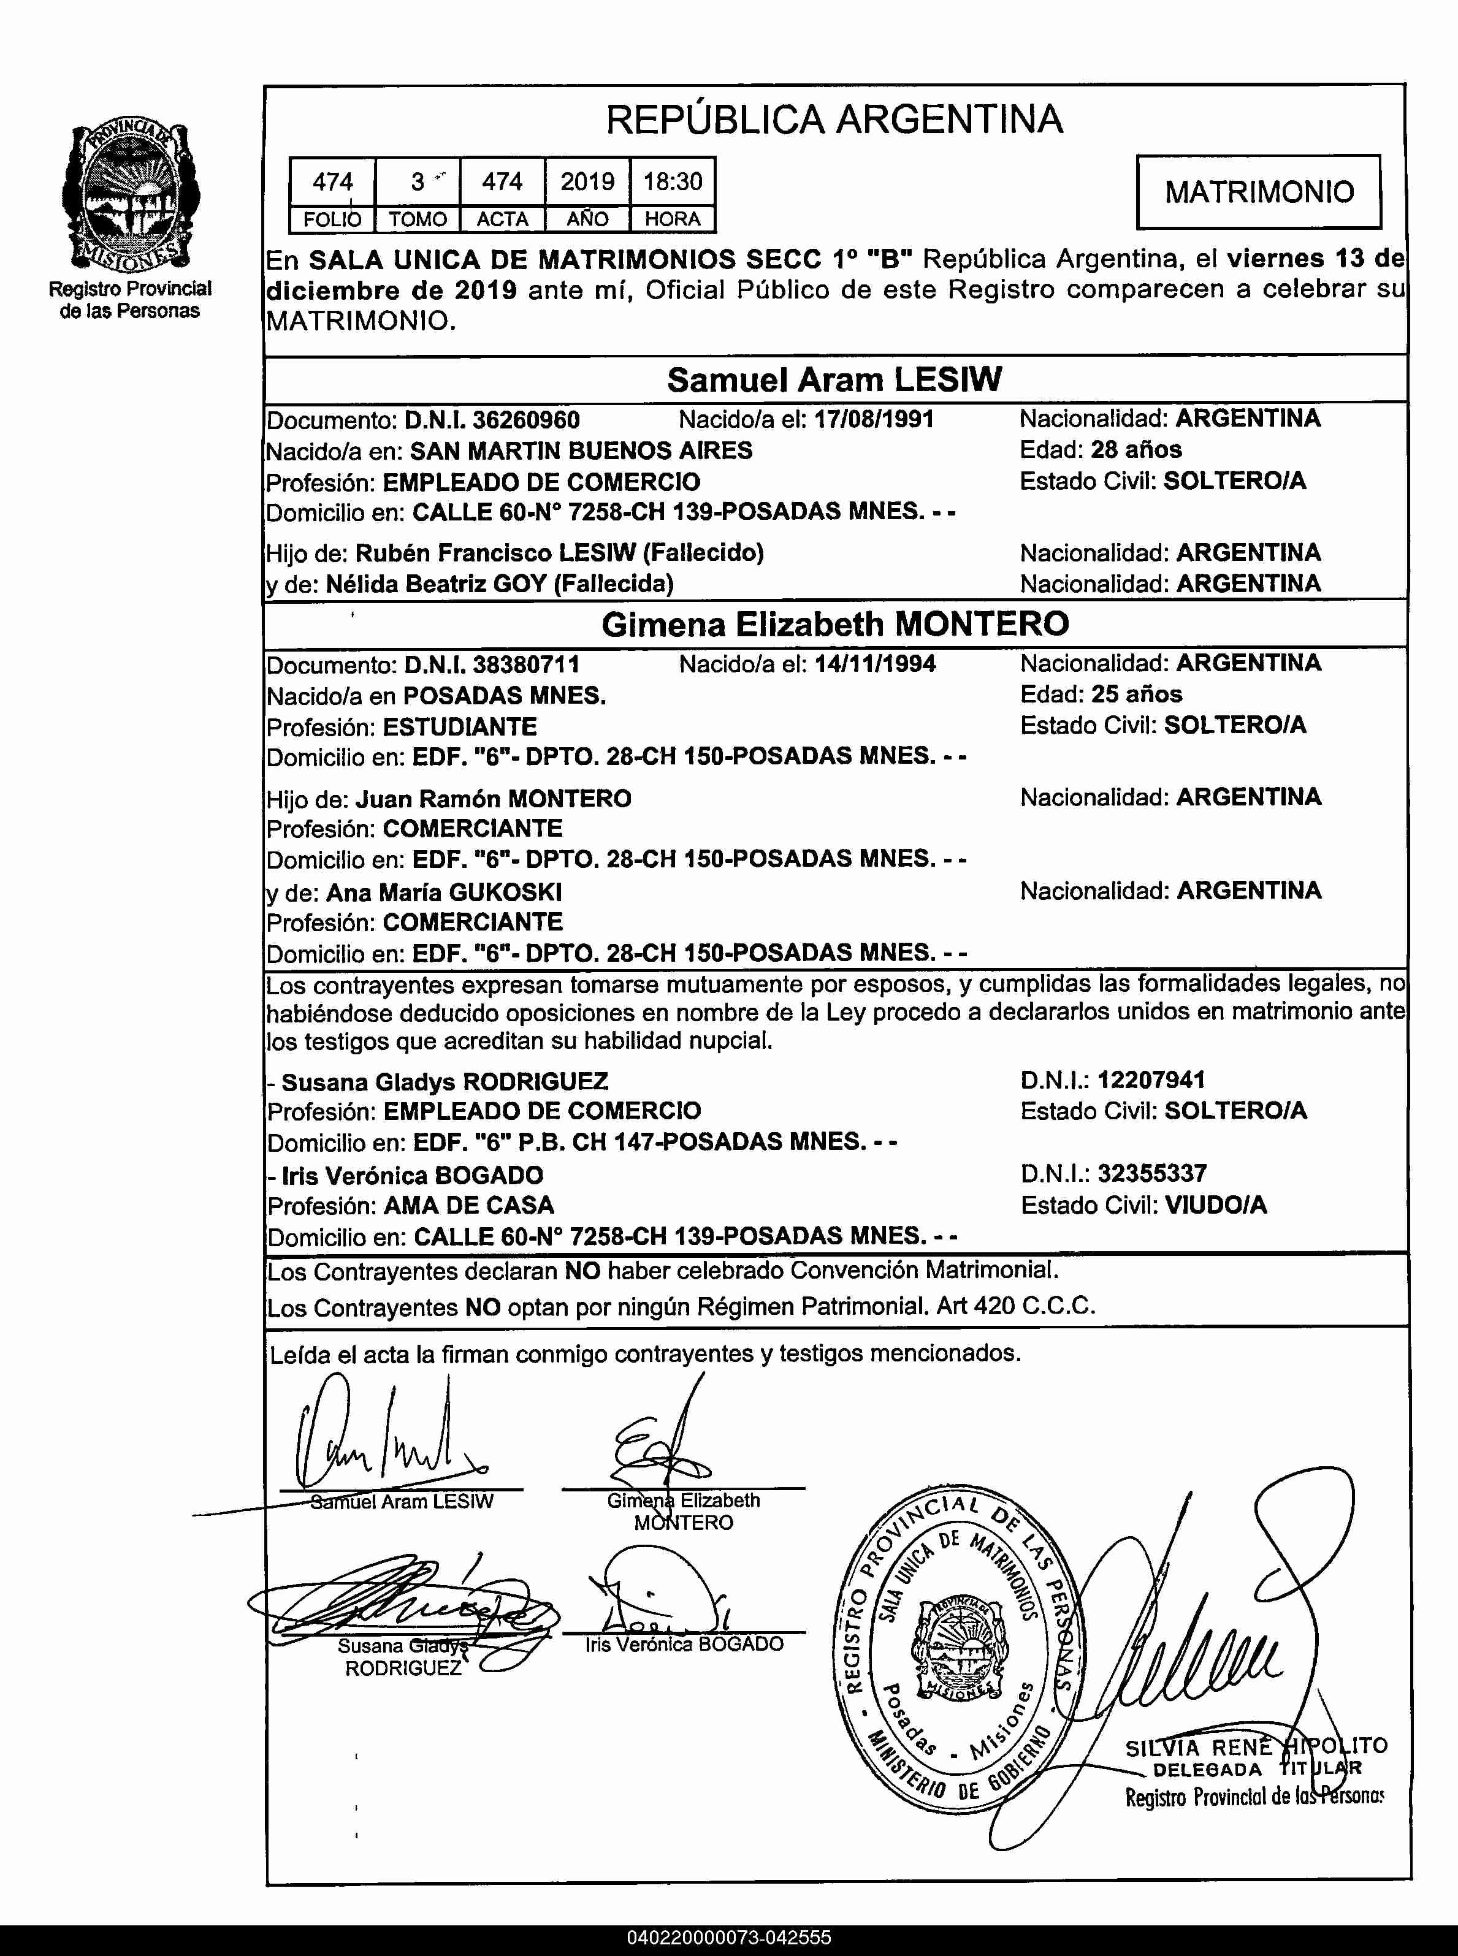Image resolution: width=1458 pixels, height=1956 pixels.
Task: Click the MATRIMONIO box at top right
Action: (1259, 191)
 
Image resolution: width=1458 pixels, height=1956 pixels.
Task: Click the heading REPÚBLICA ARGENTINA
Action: (834, 119)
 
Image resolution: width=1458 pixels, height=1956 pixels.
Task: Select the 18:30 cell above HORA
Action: (673, 182)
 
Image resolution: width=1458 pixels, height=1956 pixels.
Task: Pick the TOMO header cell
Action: (418, 219)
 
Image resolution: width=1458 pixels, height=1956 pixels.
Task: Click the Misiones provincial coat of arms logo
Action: (131, 196)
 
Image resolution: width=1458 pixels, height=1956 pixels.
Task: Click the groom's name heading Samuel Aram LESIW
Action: (834, 379)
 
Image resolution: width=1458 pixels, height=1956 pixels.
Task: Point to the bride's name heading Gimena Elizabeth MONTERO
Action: (835, 624)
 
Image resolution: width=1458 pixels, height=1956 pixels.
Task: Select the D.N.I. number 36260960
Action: (526, 419)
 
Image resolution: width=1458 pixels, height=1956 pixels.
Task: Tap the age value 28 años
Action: (1136, 449)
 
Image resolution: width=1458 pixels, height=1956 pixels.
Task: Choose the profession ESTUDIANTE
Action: (459, 727)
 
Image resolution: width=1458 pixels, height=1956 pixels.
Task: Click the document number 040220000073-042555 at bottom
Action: (729, 1938)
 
